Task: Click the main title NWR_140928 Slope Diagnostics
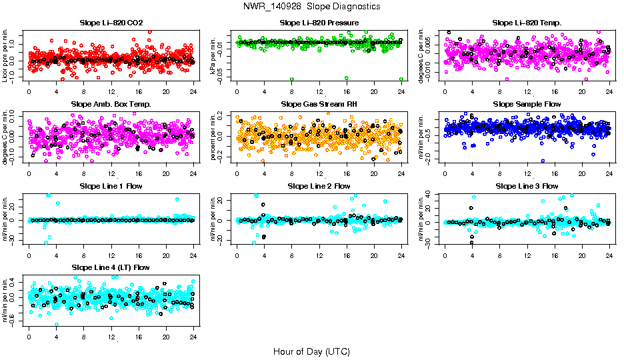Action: [312, 6]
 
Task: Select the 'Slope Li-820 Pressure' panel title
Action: [319, 23]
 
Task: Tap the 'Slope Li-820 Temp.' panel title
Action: [527, 23]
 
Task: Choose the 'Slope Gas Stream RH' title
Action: [319, 105]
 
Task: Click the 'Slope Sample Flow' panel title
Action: [527, 105]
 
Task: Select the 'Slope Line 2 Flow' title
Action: [319, 186]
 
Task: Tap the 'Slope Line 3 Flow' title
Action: [527, 186]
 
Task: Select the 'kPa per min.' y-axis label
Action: [214, 56]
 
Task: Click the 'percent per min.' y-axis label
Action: [214, 137]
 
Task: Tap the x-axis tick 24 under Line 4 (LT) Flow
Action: [193, 337]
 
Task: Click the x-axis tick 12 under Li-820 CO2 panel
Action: [111, 92]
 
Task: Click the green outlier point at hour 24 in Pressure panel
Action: [401, 79]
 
